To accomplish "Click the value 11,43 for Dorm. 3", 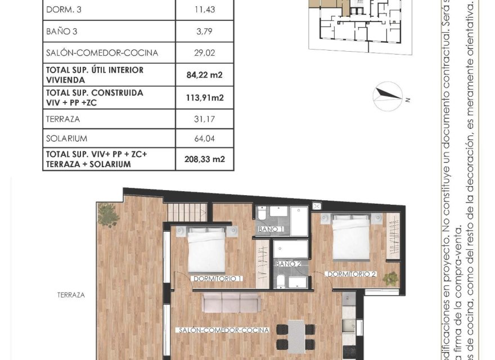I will (x=205, y=10).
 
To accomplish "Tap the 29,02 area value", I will (x=205, y=53).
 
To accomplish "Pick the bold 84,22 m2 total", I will (x=205, y=74).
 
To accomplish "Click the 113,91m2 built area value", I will (x=205, y=97).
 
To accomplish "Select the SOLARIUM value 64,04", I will (x=205, y=138).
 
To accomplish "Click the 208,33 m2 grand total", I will (x=205, y=159).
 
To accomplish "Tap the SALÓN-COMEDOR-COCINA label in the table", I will (x=102, y=53).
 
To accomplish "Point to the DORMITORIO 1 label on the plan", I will (x=217, y=278).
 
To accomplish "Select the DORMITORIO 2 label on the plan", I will (x=352, y=274).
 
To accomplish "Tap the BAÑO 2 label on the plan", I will (x=286, y=264).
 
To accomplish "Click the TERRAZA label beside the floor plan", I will (x=71, y=295).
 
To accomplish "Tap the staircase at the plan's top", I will (x=188, y=212).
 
